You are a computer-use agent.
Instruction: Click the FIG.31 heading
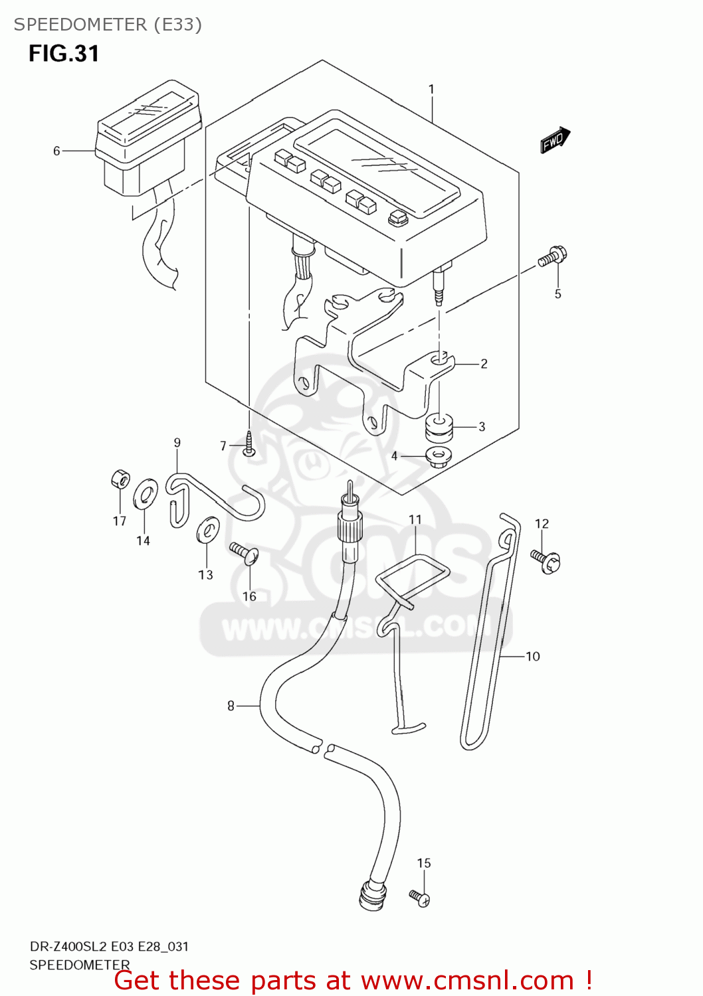tap(64, 54)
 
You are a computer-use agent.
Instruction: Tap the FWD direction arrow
tap(555, 140)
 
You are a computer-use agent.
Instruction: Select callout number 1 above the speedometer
tap(431, 90)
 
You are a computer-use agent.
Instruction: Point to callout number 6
tap(56, 151)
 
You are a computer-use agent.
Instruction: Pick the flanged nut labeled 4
tap(438, 457)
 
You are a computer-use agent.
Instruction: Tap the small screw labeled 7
tap(249, 444)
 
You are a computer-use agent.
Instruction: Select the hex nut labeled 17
tap(119, 479)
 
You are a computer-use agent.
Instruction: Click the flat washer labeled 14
tap(145, 493)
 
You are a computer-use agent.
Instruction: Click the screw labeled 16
tap(245, 553)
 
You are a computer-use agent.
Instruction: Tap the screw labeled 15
tap(420, 898)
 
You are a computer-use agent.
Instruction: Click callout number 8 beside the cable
tap(231, 706)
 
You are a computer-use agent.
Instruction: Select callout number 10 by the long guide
tap(533, 657)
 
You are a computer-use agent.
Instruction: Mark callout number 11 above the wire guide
tap(415, 520)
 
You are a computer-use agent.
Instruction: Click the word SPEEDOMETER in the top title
tap(80, 25)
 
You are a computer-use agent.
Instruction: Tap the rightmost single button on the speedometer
tap(398, 218)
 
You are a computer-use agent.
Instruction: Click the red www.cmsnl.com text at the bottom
tap(467, 981)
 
